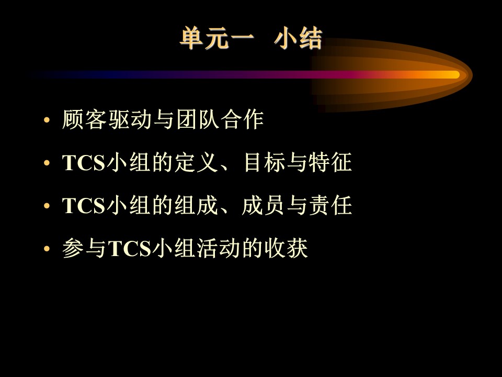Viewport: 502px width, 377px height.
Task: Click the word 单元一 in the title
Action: click(217, 39)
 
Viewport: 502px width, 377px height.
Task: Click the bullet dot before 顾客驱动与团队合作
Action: click(47, 120)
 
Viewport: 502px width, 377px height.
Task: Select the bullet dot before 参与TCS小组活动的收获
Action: click(47, 248)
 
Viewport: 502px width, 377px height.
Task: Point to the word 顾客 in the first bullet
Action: click(84, 119)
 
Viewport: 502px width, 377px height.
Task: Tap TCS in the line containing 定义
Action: click(84, 162)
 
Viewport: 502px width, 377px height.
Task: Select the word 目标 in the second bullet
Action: click(265, 162)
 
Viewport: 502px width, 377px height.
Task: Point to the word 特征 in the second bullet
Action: click(330, 162)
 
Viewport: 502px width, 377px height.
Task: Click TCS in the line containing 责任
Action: click(84, 205)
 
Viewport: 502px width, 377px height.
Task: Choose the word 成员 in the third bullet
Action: click(264, 205)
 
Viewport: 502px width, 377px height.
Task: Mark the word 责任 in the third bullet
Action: click(330, 205)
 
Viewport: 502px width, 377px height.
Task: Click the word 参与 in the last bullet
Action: click(84, 248)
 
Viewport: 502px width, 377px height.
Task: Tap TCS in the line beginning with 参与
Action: click(130, 248)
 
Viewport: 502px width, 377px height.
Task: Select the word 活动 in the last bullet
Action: click(219, 248)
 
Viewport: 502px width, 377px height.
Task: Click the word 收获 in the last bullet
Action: click(286, 248)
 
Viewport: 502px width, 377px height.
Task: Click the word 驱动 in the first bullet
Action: click(130, 119)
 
